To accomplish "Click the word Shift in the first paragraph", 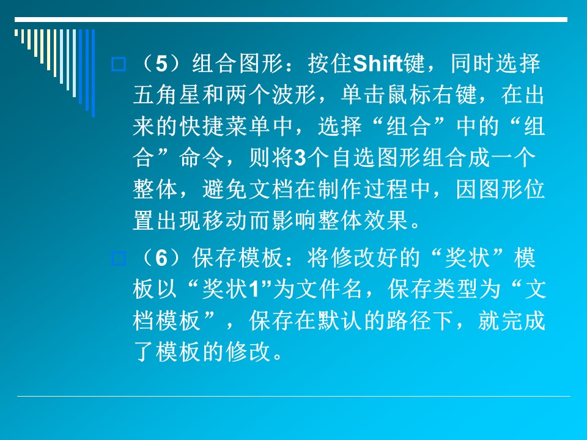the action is (x=377, y=63).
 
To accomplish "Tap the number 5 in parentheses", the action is (x=161, y=64).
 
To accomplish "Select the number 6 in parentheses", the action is (x=161, y=258).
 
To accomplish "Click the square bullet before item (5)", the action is (x=118, y=64).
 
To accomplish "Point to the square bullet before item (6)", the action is (x=118, y=258).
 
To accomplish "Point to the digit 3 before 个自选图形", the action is (x=300, y=158).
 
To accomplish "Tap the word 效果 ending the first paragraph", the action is (x=386, y=221).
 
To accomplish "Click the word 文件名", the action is (x=329, y=289).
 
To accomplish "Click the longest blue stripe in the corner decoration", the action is (x=93, y=73).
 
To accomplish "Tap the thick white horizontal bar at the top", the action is (x=291, y=20).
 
